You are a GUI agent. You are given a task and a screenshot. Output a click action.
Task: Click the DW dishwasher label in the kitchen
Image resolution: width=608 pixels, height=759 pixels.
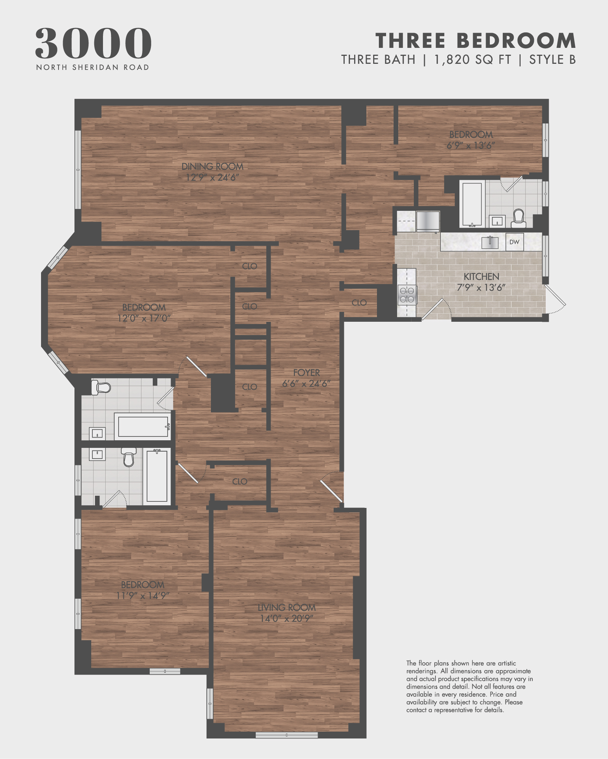(514, 242)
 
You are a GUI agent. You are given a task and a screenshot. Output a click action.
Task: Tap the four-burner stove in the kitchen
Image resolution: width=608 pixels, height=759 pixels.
(407, 295)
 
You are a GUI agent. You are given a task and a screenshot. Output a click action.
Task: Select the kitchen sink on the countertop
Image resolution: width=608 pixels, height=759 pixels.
(490, 242)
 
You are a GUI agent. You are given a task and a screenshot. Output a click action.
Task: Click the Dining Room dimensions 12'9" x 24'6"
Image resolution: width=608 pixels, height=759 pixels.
(212, 177)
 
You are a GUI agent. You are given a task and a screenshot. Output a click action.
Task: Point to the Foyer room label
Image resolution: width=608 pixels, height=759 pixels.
(306, 373)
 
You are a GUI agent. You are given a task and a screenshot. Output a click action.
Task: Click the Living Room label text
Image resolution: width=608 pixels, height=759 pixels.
(287, 607)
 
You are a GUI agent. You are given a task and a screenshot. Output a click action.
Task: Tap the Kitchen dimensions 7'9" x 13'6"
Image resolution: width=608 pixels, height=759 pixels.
(481, 288)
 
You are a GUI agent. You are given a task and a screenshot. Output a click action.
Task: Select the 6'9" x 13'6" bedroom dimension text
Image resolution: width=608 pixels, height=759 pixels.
(470, 145)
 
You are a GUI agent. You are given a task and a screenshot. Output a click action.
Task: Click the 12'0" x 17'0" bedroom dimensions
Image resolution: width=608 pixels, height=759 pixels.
(144, 318)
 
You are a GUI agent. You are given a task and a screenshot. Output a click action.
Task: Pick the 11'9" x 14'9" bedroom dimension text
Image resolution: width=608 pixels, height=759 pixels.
(142, 596)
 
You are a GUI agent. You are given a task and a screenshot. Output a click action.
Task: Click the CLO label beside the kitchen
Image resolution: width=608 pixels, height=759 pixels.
(359, 303)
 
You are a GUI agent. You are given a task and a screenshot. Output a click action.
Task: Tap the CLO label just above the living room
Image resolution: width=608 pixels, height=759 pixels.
(239, 482)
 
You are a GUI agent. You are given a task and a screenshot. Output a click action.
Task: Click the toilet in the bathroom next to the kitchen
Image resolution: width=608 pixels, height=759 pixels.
(518, 218)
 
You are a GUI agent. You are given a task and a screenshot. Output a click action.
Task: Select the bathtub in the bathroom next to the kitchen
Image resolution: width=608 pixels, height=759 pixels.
(472, 204)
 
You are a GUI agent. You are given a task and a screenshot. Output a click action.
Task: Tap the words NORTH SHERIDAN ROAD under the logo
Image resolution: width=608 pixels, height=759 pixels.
(92, 67)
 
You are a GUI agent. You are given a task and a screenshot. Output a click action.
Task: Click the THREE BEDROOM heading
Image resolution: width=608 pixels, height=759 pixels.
(475, 41)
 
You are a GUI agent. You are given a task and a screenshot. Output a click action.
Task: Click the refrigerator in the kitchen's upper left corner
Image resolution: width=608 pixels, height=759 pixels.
(428, 221)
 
